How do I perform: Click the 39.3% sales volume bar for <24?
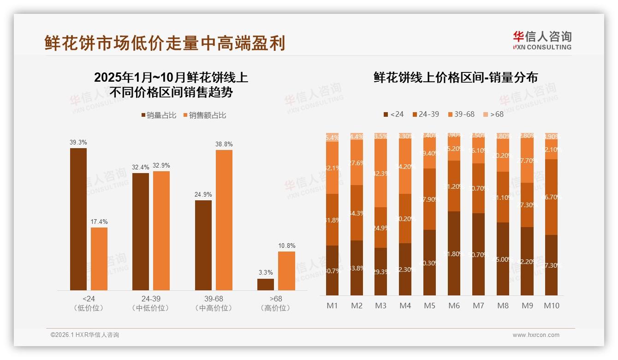coord(78,219)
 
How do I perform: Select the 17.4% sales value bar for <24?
coord(99,259)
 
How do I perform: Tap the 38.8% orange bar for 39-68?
coord(224,220)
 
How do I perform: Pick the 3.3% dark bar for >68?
coord(266,284)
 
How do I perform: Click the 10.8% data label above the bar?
coord(286,246)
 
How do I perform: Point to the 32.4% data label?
coord(141,168)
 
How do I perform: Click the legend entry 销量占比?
coord(159,115)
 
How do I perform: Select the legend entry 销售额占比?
coord(205,115)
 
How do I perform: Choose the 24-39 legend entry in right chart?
coord(425,114)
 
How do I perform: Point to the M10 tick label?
coord(552,306)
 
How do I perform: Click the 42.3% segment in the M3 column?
coord(380,173)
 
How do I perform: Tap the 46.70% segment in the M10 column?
coord(552,197)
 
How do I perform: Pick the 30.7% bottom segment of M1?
coord(332,270)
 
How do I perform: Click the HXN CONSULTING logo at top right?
coord(542,41)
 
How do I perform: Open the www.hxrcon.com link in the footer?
coord(536,335)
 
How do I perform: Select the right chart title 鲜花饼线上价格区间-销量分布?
coord(455,78)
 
